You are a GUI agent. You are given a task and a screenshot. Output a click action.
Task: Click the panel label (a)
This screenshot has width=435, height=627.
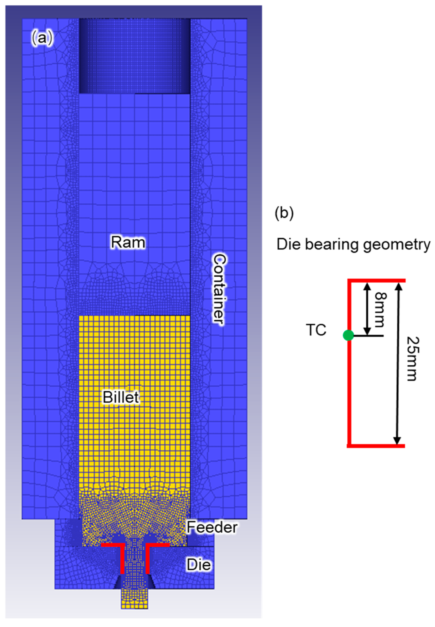click(42, 38)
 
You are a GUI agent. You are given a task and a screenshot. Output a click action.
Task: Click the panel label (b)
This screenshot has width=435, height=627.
click(284, 213)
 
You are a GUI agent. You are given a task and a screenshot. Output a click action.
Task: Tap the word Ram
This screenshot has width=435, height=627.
click(128, 242)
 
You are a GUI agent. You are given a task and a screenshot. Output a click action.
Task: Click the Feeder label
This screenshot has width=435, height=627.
click(212, 527)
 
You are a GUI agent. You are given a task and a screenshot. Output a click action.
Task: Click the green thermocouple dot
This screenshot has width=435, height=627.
click(348, 335)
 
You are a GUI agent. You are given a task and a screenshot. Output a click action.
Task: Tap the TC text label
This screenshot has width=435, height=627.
click(316, 330)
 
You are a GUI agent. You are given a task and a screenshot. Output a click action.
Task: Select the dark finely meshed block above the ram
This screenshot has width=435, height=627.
click(135, 56)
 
